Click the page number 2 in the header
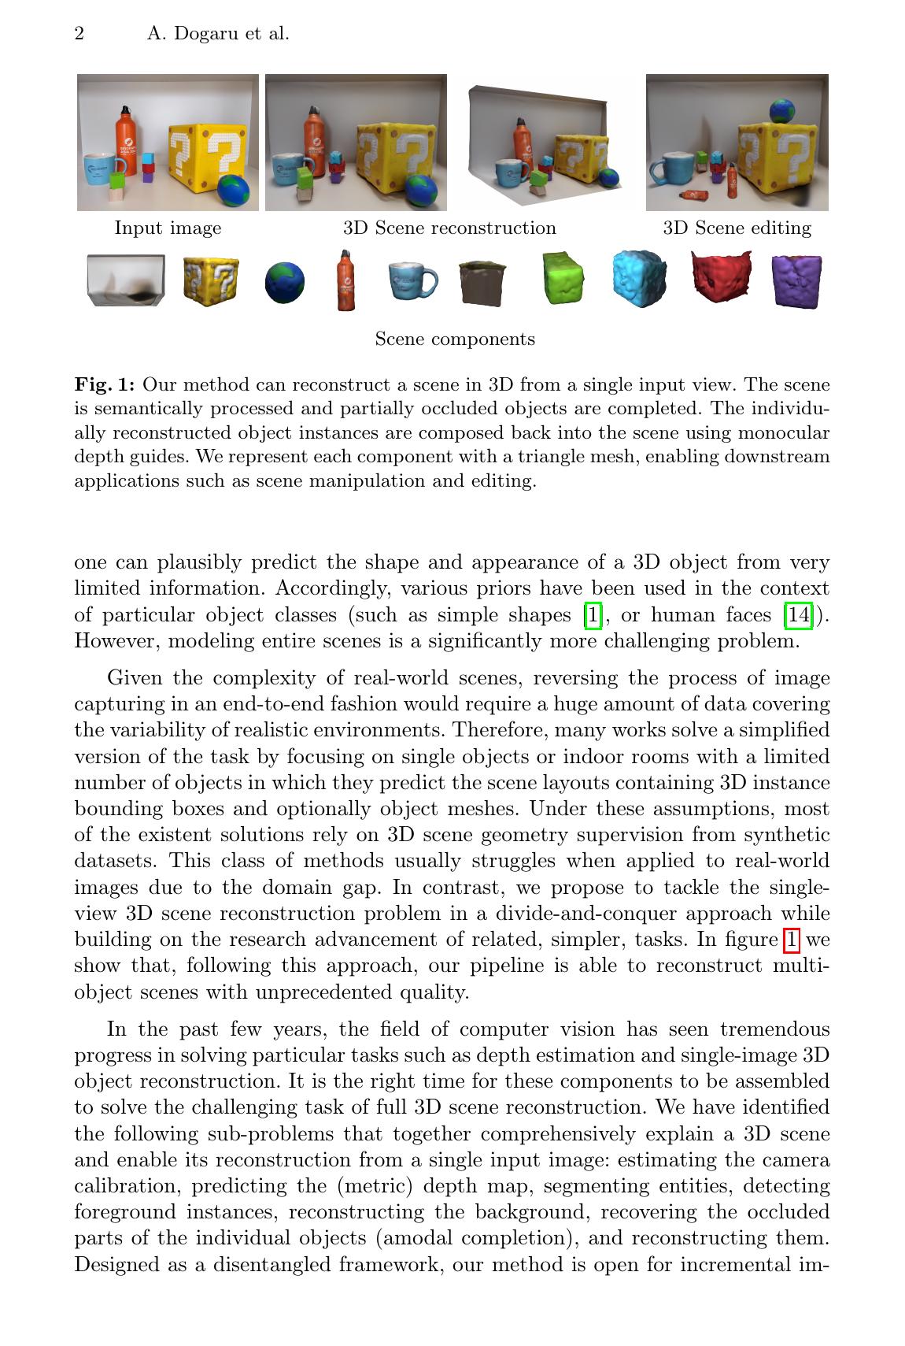(79, 34)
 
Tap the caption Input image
(168, 228)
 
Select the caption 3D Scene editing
(737, 228)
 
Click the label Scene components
(455, 339)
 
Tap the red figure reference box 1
(792, 940)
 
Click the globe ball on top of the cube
(782, 111)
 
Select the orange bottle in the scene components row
(345, 280)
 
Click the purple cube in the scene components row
(796, 281)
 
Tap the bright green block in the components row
(564, 279)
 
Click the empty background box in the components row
(126, 280)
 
